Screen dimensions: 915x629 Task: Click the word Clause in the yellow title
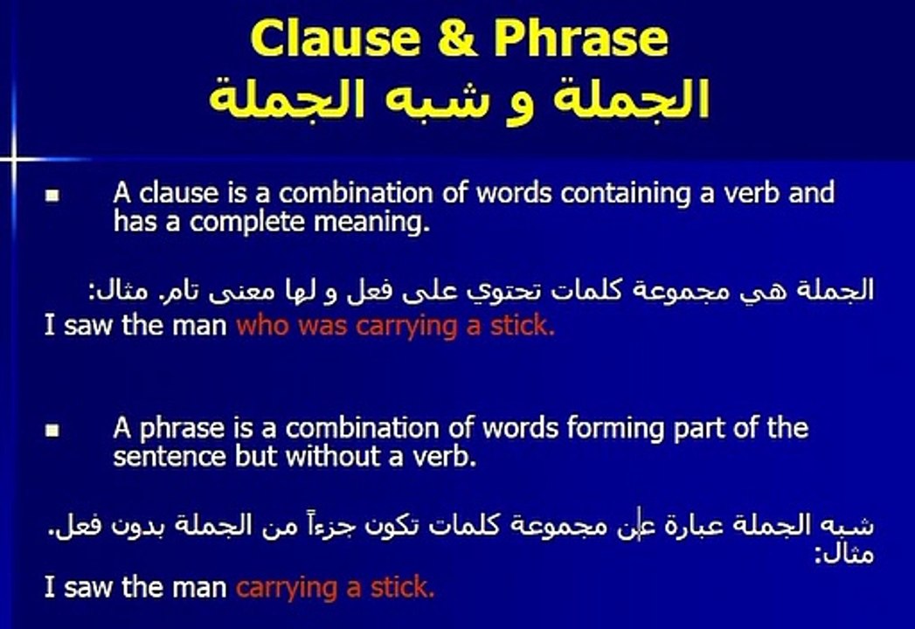(336, 38)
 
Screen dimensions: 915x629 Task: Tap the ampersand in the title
(457, 38)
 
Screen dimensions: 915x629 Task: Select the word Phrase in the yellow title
(580, 38)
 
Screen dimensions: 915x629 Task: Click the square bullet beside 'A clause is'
(52, 195)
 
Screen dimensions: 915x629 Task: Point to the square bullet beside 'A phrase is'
(52, 431)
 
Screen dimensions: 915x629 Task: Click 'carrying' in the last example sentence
(287, 588)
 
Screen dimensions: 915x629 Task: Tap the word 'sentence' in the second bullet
(170, 457)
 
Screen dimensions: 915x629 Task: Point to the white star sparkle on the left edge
(13, 158)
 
